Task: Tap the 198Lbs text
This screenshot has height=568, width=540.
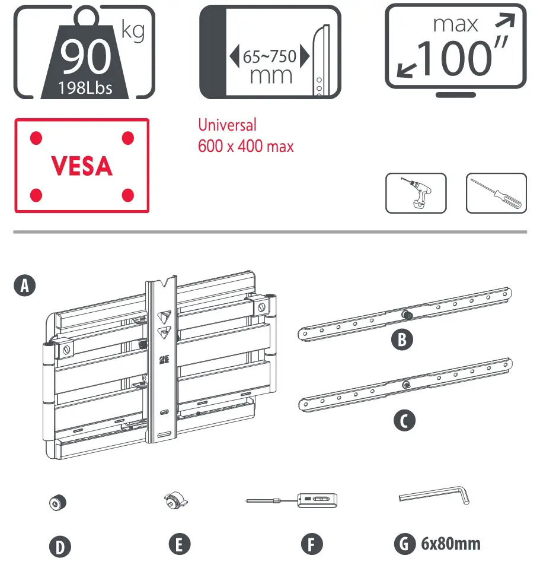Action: click(86, 88)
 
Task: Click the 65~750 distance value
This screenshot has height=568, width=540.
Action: click(270, 58)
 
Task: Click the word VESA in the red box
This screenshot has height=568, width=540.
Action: click(82, 166)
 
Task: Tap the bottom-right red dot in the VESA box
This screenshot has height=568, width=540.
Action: click(127, 194)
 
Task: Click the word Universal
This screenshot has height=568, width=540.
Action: click(228, 125)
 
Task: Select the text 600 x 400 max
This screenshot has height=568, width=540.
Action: click(245, 145)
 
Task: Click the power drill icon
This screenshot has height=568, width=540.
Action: click(416, 193)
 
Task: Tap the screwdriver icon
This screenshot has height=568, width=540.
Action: click(496, 193)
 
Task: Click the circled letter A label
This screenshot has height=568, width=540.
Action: click(24, 287)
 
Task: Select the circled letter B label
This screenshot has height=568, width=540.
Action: click(402, 340)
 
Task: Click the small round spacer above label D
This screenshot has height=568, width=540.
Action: click(57, 503)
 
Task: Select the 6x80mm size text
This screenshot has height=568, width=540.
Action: click(450, 543)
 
